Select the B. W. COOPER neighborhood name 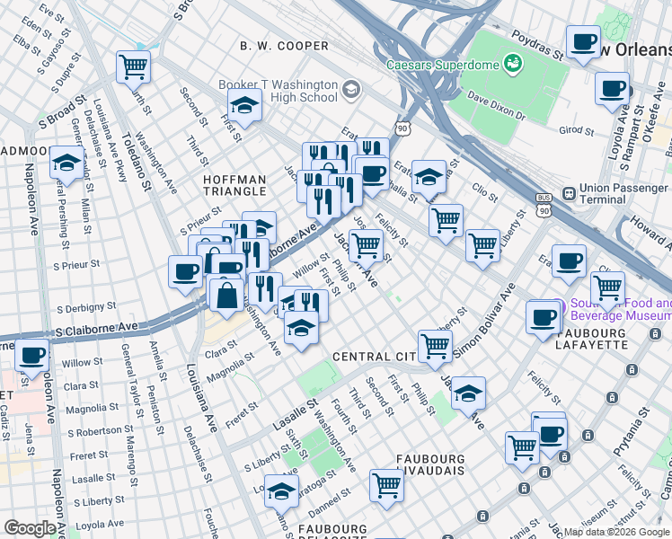[x=284, y=46]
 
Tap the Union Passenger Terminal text [x=623, y=194]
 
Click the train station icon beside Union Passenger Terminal [x=569, y=193]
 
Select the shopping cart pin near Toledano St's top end [x=133, y=66]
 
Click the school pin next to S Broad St [x=66, y=162]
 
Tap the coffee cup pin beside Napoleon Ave [x=33, y=356]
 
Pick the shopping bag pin [x=227, y=293]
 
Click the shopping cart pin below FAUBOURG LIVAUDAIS [x=386, y=485]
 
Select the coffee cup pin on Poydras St [x=583, y=41]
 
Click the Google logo [x=30, y=528]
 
